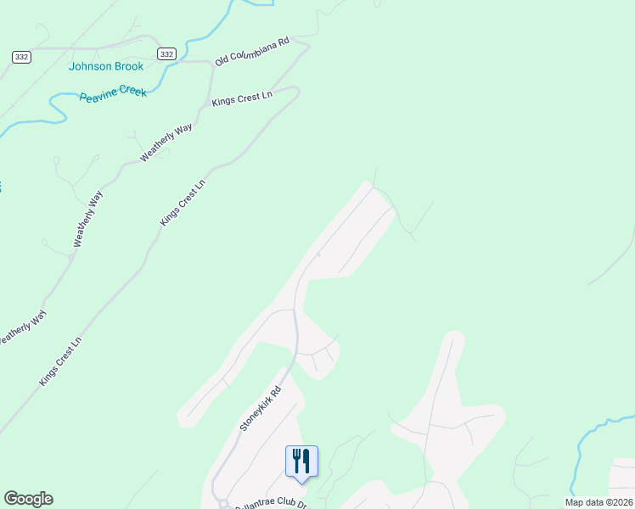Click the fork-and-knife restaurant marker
click(301, 461)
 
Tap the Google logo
click(28, 499)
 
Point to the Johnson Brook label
click(106, 66)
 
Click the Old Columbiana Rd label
click(252, 51)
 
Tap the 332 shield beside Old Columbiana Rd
click(166, 53)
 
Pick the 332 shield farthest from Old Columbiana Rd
click(22, 56)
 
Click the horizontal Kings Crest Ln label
click(242, 98)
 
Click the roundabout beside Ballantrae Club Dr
click(223, 503)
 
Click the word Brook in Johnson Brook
click(129, 66)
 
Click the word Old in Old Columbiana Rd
click(223, 60)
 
